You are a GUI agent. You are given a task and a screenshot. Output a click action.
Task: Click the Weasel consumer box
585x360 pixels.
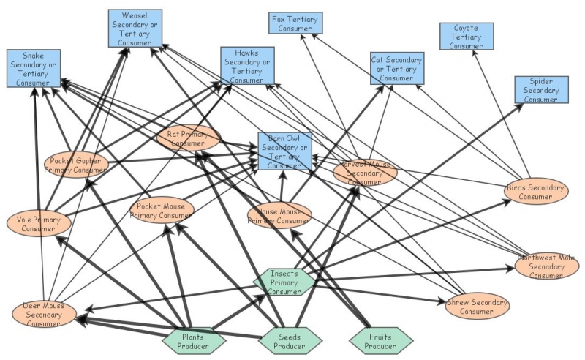pos(135,29)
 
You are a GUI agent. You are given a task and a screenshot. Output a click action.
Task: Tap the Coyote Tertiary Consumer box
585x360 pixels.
pos(466,37)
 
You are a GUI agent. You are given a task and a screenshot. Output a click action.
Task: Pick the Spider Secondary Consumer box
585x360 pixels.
pos(540,89)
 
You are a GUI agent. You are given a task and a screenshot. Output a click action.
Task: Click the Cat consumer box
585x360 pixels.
pos(396,68)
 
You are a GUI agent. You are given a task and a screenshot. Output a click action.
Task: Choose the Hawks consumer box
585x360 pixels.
pos(247,66)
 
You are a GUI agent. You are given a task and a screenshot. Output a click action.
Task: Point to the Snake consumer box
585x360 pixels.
pos(33,69)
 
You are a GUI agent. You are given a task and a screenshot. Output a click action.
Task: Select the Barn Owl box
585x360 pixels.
pos(284,151)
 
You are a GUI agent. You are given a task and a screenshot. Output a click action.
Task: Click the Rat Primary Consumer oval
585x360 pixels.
pos(188,138)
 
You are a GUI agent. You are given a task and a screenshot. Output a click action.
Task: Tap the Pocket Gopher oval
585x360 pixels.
pos(76,165)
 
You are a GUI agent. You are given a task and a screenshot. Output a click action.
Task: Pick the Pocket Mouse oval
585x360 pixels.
pos(162,210)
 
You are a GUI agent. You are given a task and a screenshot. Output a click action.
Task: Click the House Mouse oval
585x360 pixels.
pos(279,216)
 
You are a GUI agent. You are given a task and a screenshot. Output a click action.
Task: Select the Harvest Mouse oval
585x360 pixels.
pos(365,172)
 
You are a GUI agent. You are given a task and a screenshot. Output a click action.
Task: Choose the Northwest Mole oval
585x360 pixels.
pos(546,266)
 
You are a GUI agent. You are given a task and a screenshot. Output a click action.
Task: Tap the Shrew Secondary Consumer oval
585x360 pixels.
pos(477,306)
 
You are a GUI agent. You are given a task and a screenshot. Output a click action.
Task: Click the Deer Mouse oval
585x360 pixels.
pos(44,314)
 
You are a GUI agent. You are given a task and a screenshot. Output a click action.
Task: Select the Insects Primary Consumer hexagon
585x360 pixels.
pos(284,282)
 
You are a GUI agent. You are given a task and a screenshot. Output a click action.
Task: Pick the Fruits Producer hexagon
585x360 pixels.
pos(377,341)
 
